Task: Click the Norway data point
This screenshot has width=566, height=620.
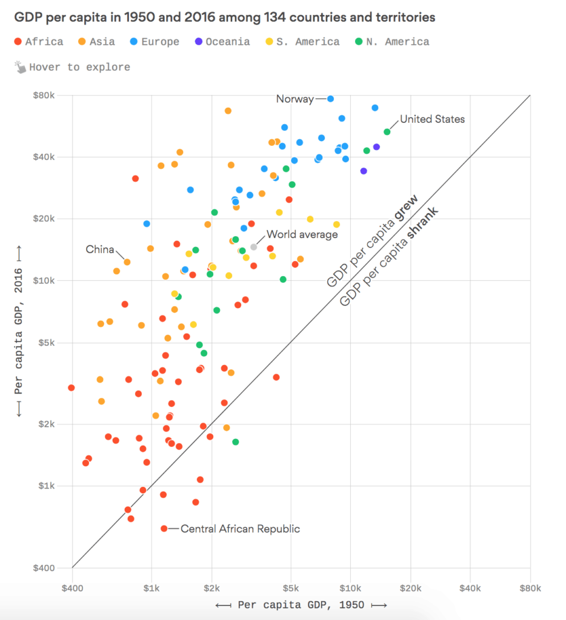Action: pyautogui.click(x=330, y=99)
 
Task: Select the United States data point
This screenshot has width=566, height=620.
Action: pyautogui.click(x=387, y=132)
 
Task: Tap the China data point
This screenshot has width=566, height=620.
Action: pyautogui.click(x=127, y=262)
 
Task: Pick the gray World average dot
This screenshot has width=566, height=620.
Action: pyautogui.click(x=254, y=246)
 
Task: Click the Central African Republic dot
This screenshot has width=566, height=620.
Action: pyautogui.click(x=164, y=529)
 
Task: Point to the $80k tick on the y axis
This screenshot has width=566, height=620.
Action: pyautogui.click(x=44, y=95)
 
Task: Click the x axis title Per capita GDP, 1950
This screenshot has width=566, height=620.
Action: pyautogui.click(x=301, y=604)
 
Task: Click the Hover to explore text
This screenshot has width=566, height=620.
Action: pyautogui.click(x=79, y=67)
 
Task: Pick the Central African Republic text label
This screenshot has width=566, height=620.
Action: pyautogui.click(x=240, y=529)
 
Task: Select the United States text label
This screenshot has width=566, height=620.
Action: pyautogui.click(x=432, y=119)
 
